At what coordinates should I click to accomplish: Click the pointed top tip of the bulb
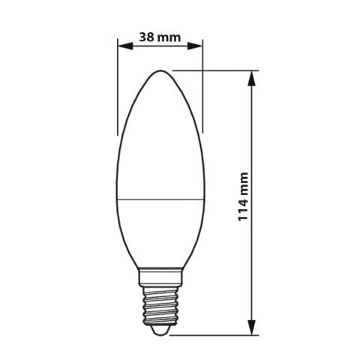[160, 71]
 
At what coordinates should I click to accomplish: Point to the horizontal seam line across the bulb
[160, 199]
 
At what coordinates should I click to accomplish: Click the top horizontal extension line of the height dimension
[225, 71]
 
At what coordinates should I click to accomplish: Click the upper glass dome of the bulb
[160, 135]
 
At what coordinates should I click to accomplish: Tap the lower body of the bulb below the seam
[160, 232]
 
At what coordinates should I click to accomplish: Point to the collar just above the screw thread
[160, 275]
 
